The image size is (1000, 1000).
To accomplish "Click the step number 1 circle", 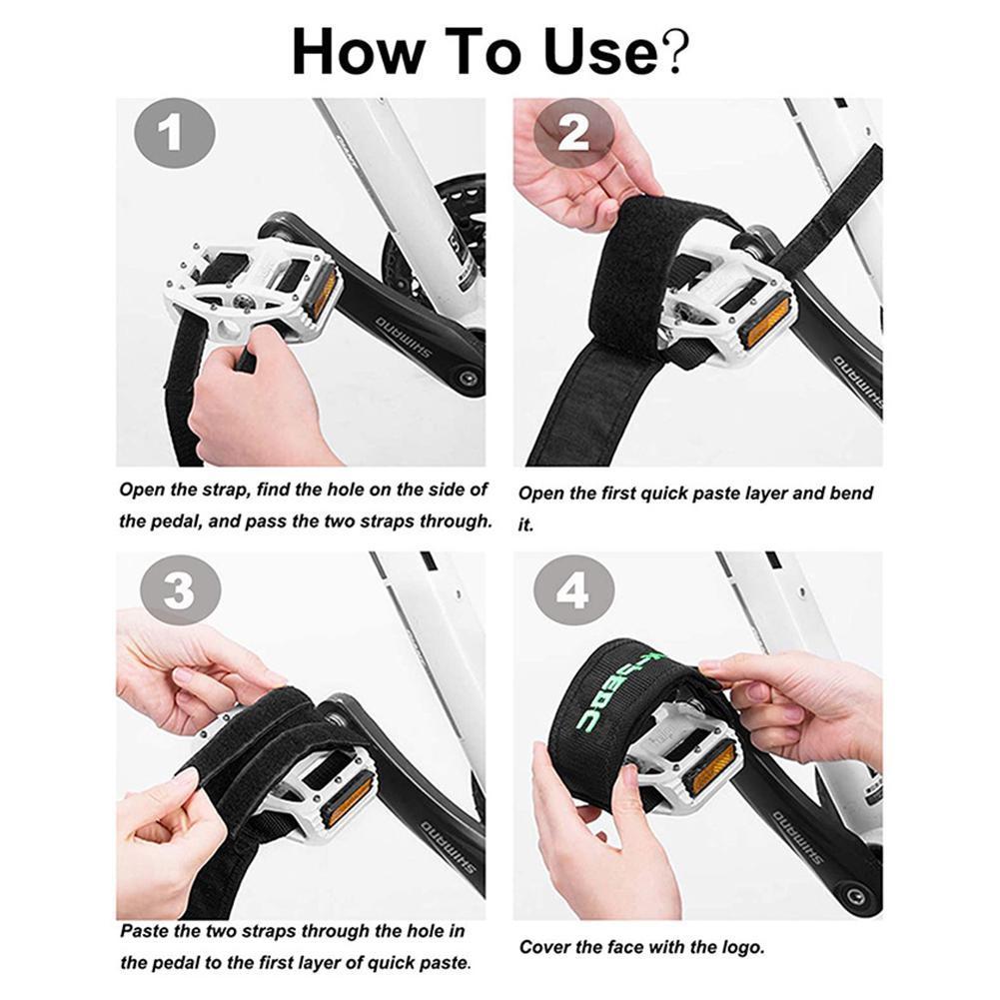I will tap(174, 134).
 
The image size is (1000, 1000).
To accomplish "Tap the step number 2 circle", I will tap(573, 134).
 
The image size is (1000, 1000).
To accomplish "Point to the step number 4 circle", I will tap(572, 590).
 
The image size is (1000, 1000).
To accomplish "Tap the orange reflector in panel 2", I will tap(765, 321).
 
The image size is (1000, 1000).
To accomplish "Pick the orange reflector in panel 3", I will tap(350, 798).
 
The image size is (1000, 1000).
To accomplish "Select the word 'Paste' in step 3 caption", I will tap(145, 931).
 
